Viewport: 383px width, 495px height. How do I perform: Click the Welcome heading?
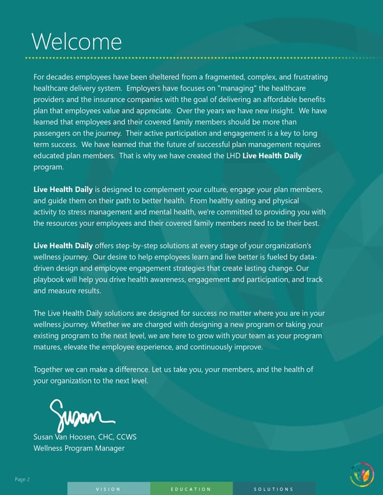pos(76,41)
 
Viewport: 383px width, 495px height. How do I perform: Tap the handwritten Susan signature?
pos(82,413)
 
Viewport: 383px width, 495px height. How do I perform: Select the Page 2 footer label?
pos(23,478)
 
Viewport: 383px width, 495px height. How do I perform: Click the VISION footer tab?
pos(108,489)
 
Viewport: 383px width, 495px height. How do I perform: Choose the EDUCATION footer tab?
pos(191,489)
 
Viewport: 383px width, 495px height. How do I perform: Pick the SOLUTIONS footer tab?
pos(273,489)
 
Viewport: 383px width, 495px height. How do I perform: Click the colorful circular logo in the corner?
pos(362,474)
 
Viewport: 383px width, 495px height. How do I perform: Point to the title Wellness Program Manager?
pos(79,448)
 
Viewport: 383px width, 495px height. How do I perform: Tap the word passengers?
pos(55,135)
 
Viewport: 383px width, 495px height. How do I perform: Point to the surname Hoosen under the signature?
pos(80,437)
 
